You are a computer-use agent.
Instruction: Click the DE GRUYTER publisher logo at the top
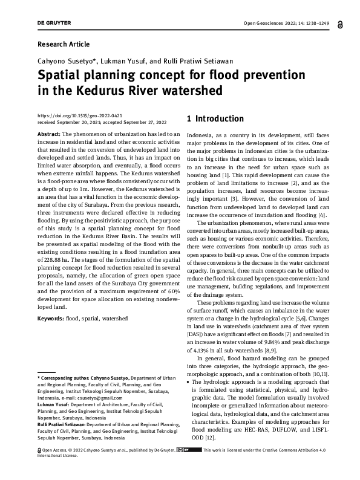tap(54, 23)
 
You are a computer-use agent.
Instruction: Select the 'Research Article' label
tap(64, 44)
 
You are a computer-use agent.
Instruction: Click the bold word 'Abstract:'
tap(49, 133)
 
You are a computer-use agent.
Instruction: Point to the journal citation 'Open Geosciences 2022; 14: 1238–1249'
tap(287, 23)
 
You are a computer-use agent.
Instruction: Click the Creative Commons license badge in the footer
tap(189, 467)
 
